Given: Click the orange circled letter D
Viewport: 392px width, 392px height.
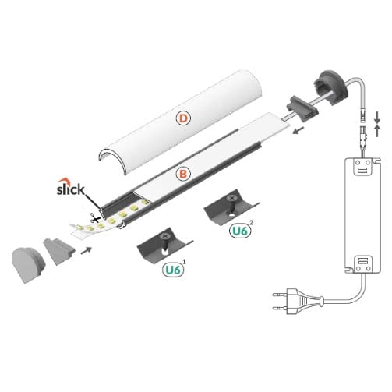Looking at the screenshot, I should click(x=182, y=119).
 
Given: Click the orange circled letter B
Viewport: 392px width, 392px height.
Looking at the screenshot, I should click(x=181, y=175).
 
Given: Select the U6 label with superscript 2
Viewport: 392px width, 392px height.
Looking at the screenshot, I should click(x=242, y=231).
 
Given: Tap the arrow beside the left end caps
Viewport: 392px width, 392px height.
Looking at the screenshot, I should click(x=88, y=250).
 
